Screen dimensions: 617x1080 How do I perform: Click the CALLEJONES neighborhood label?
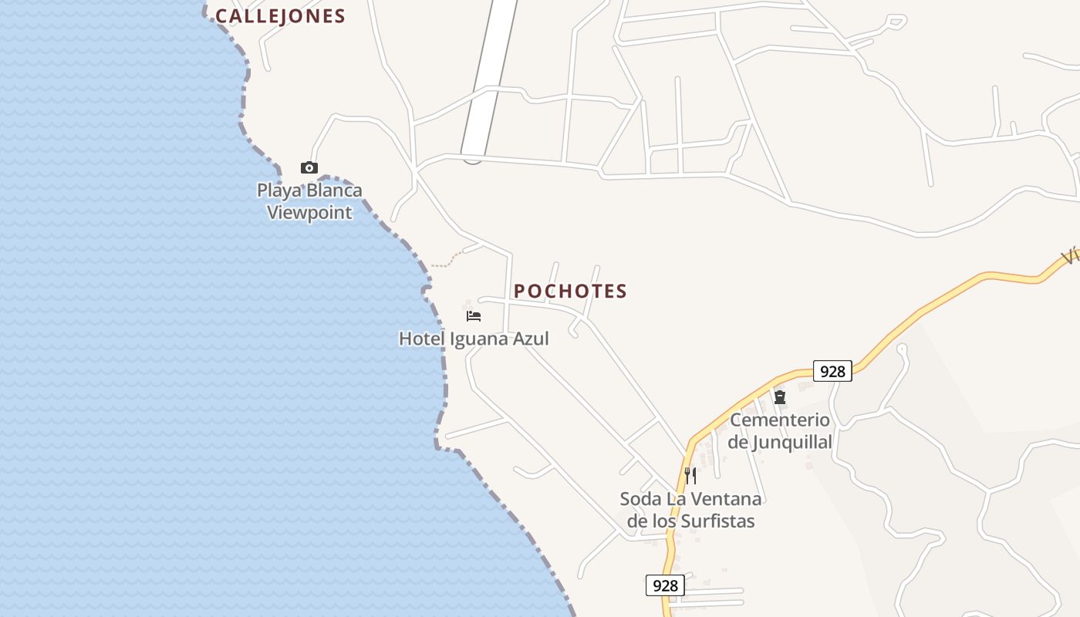[x=280, y=16]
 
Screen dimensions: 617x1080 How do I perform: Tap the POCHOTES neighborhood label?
[x=570, y=291]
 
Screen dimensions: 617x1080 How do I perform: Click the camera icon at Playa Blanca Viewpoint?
[x=309, y=167]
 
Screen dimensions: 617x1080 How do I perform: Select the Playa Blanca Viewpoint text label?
[x=309, y=201]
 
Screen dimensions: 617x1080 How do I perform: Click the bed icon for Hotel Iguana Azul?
[x=474, y=316]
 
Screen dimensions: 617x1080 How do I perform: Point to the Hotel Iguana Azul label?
[x=474, y=339]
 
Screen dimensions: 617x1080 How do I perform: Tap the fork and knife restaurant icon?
[x=690, y=475]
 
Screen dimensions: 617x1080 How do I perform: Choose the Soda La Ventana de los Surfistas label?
[x=690, y=510]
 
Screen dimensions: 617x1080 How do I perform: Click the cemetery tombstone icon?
[x=780, y=398]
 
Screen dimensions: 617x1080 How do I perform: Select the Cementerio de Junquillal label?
[x=780, y=431]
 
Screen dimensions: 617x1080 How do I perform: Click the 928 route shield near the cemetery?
[x=832, y=371]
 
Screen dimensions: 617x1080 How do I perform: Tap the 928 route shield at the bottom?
[x=665, y=585]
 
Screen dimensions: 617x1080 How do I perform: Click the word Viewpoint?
[x=309, y=213]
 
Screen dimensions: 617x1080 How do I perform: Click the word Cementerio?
[x=780, y=420]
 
